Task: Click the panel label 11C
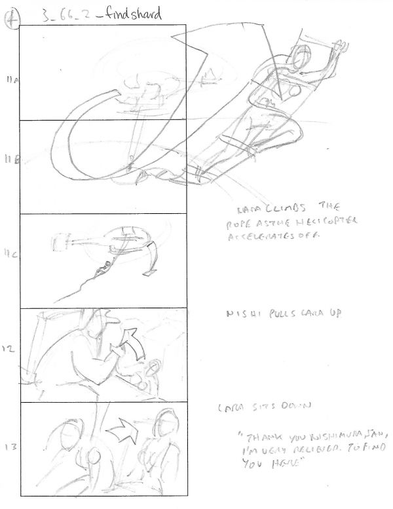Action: [11, 251]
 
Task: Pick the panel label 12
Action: [10, 350]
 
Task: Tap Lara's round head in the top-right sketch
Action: [303, 58]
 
